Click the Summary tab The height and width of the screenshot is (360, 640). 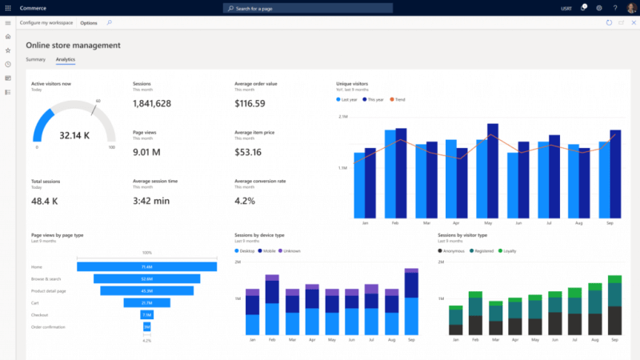[x=35, y=59]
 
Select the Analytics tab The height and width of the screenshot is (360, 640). [x=66, y=59]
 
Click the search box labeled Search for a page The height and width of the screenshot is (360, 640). [x=308, y=7]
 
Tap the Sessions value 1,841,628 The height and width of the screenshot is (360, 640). [x=152, y=104]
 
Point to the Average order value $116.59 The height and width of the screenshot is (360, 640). [x=250, y=104]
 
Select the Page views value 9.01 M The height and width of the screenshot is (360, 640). [x=146, y=152]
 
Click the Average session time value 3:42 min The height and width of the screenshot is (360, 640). [x=151, y=201]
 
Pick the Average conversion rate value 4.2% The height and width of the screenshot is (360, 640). [x=245, y=201]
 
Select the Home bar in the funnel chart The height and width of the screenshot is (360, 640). [x=146, y=266]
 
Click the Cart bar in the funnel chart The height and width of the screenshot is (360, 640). [x=146, y=302]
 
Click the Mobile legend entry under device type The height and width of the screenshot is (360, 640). [x=268, y=250]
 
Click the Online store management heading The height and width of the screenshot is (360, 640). [x=74, y=45]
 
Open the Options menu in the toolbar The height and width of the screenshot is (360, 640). [x=89, y=22]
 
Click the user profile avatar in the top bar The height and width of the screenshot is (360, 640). [x=631, y=7]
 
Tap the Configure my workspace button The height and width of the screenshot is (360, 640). [x=46, y=22]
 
